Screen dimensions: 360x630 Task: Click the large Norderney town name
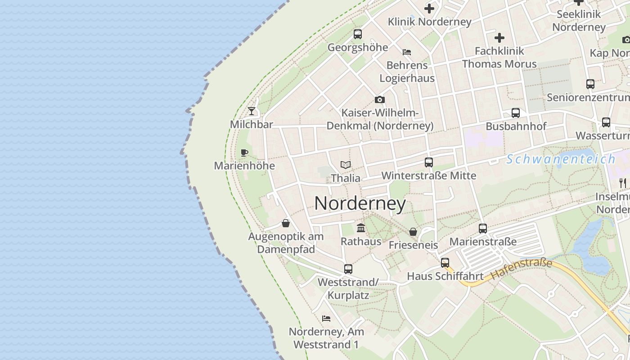[360, 203]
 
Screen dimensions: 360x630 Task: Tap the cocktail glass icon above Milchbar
[252, 111]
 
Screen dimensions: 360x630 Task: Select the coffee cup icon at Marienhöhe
[244, 153]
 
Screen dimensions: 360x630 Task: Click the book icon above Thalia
[346, 165]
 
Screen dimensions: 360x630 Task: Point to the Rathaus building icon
[361, 228]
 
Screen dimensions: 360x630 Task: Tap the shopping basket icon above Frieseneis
[413, 232]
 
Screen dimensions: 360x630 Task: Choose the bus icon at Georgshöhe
[358, 34]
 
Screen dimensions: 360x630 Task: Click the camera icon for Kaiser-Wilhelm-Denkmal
[380, 99]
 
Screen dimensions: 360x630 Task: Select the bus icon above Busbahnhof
[516, 113]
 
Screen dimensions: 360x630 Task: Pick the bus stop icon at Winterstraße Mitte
[429, 162]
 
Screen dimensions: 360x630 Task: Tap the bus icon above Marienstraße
[483, 228]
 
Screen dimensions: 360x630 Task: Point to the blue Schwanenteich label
[561, 159]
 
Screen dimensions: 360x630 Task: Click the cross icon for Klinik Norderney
[429, 8]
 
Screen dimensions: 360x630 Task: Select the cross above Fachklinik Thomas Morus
[499, 38]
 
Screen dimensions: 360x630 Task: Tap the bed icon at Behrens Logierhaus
[407, 52]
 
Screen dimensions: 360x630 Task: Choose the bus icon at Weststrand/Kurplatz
[348, 269]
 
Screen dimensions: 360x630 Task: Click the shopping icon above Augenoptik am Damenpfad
[286, 223]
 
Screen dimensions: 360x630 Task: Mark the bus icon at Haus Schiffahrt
[445, 262]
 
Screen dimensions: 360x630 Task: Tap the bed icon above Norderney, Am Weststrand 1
[326, 319]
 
